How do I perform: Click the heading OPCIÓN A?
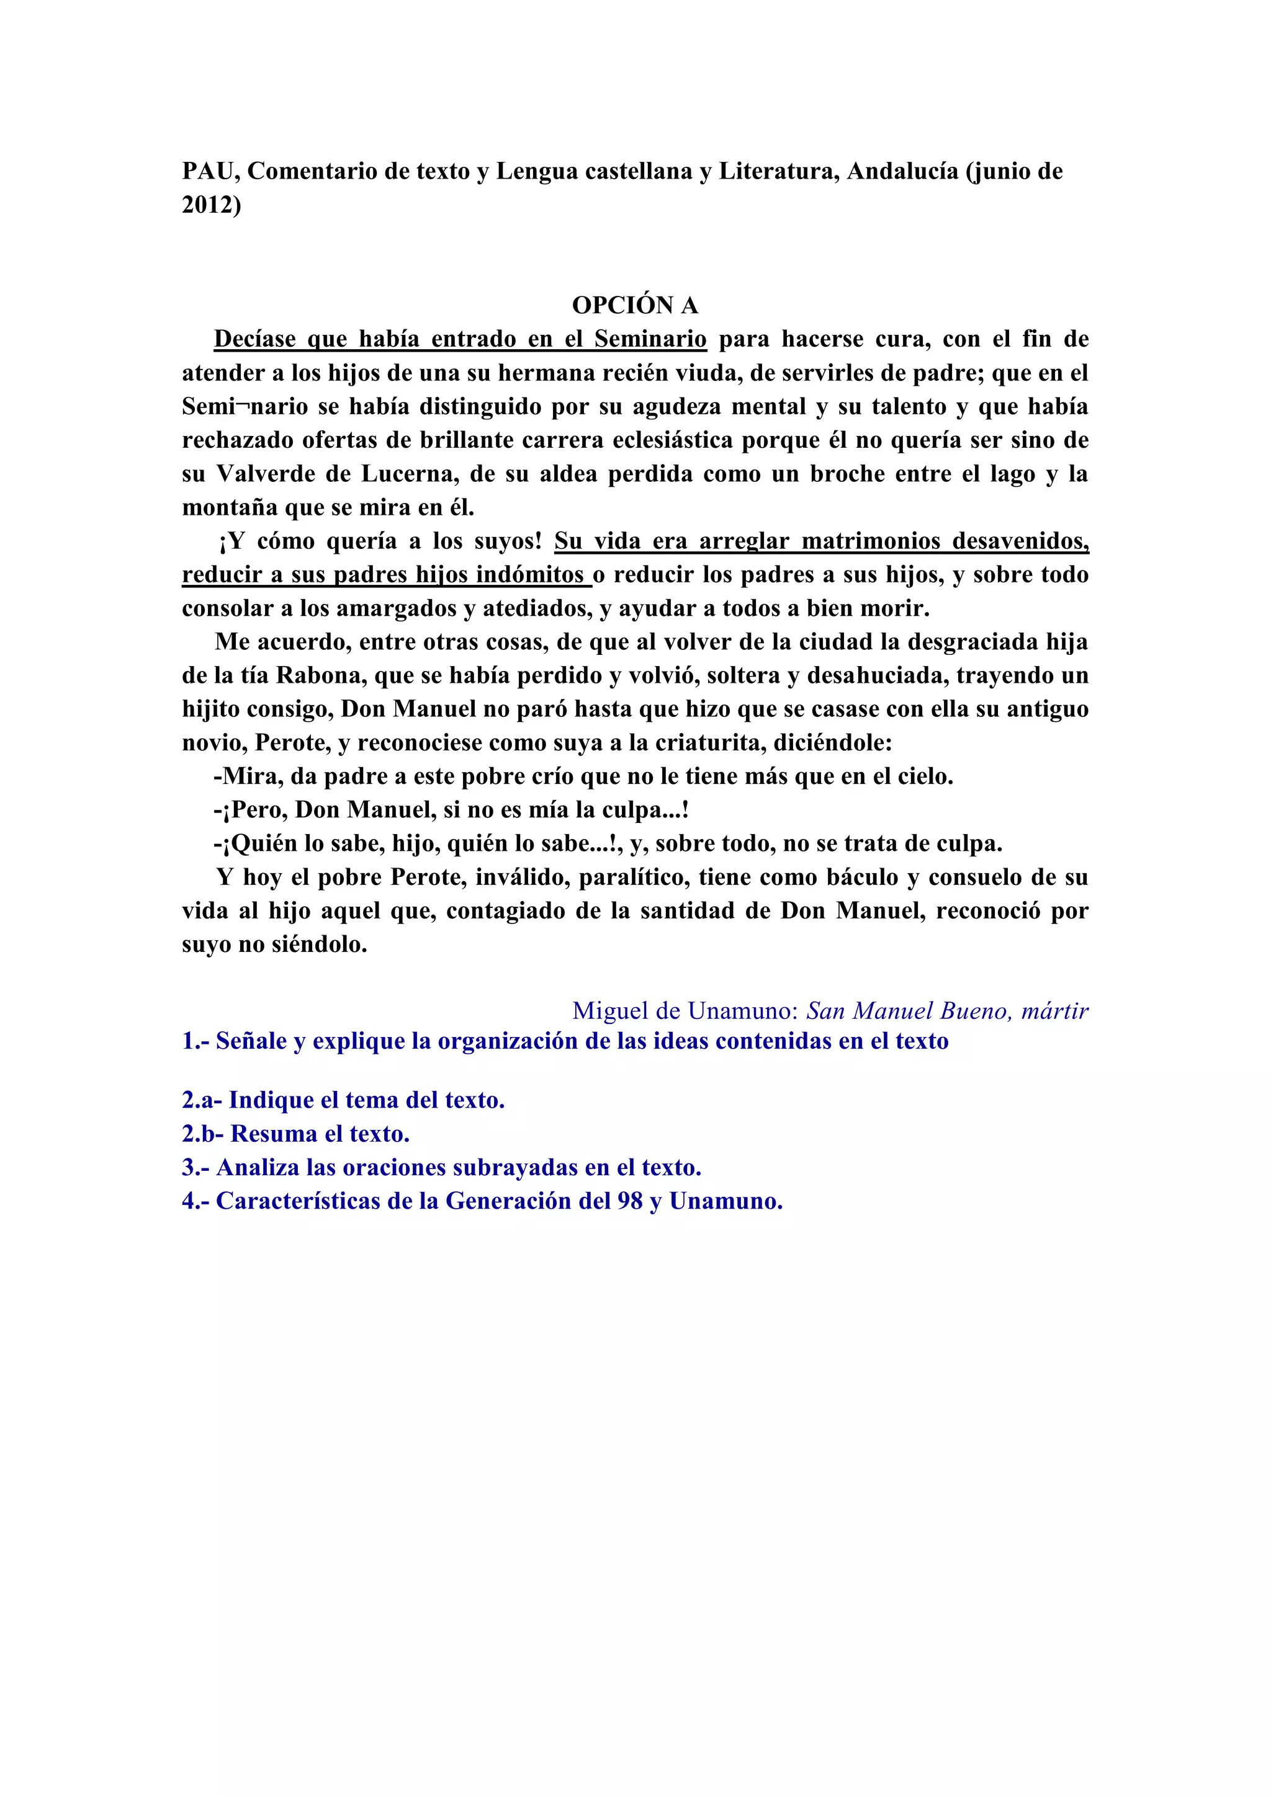(x=635, y=305)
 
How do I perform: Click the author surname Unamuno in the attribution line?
(x=743, y=1011)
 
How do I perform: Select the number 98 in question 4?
(x=630, y=1201)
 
